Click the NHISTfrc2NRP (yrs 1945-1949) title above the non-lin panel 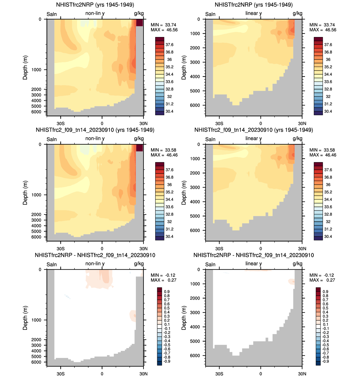coord(95,5)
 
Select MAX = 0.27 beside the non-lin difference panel coord(164,280)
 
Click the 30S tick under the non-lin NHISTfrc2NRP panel coord(61,123)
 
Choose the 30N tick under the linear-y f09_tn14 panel coord(302,249)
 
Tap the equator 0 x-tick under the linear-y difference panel coord(261,374)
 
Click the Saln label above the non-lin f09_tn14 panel coord(52,139)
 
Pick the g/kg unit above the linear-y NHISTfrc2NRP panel coord(298,13)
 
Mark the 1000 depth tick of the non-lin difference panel coord(36,320)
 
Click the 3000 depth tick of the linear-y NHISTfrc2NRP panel coord(195,62)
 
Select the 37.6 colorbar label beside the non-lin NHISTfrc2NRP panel coord(169,45)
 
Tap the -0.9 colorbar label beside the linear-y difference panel coord(325,361)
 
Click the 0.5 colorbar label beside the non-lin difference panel coord(167,308)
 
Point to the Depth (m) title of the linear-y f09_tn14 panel coord(184,193)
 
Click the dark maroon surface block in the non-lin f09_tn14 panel coord(140,148)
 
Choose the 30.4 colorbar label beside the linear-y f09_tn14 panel coord(328,237)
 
